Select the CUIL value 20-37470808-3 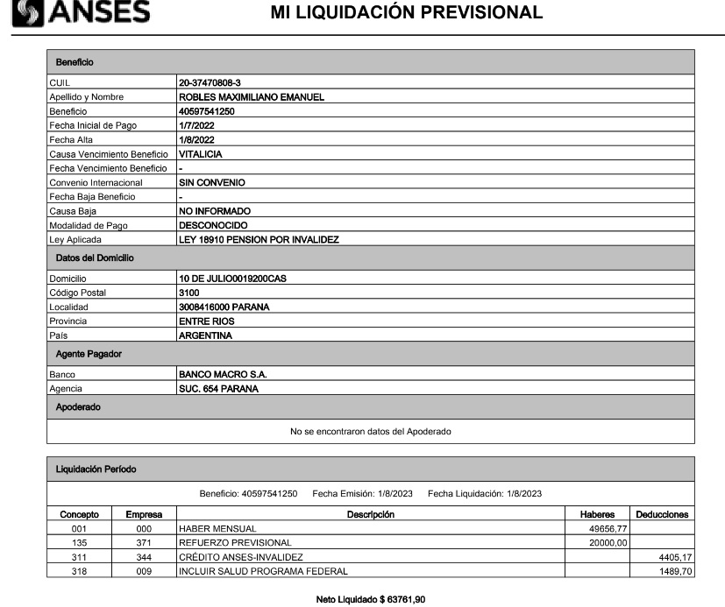pos(210,83)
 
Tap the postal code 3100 pos(189,292)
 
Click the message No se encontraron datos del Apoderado pos(371,431)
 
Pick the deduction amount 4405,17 pos(670,558)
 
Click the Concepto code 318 pos(79,572)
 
